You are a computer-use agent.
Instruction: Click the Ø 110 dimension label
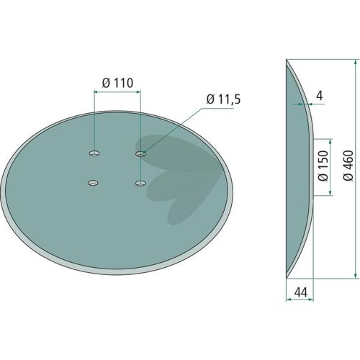(117, 83)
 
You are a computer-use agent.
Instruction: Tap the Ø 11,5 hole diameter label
(223, 99)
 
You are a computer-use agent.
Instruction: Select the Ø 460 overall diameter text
(348, 166)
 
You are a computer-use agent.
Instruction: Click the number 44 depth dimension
(300, 292)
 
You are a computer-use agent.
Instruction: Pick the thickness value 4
(320, 96)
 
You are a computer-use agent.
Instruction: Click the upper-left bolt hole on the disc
(94, 153)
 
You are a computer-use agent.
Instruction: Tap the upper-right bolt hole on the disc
(140, 153)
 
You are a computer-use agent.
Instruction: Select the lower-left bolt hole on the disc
(93, 183)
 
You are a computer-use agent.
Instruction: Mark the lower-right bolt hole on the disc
(140, 184)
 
